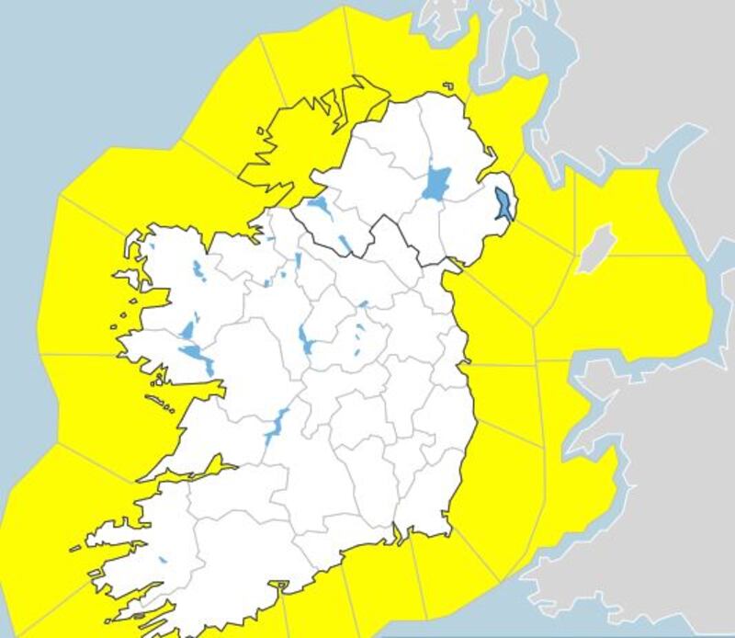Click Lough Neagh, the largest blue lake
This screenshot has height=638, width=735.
coord(436,183)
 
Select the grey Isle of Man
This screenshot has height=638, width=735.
coord(596,248)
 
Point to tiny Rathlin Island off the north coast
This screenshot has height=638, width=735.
coord(448,87)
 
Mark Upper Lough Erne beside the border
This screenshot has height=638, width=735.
coord(344,244)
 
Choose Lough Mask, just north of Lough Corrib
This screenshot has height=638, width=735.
coord(188,329)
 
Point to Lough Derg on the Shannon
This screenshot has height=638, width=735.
coord(274,427)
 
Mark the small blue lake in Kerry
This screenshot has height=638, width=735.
coord(163,560)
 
